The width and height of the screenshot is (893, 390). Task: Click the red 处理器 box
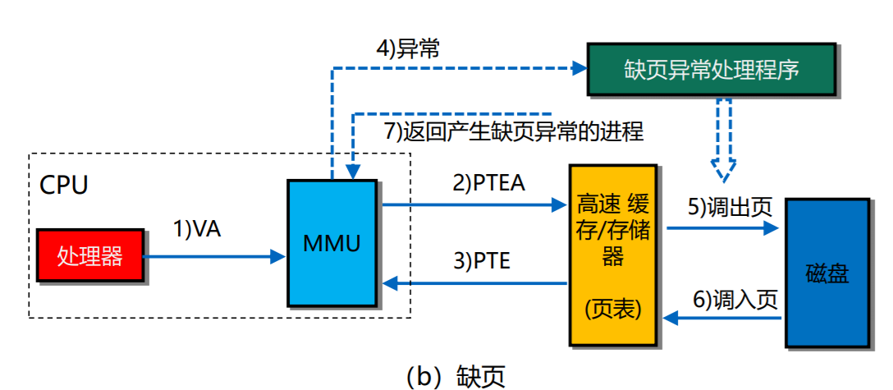89,256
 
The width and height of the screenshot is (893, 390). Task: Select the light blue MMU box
332,242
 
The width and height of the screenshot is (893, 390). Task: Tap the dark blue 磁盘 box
827,273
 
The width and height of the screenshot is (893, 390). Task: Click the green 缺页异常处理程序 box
712,69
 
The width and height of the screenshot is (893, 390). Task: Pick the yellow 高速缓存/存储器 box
612,255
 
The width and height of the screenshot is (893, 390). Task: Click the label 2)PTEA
488,183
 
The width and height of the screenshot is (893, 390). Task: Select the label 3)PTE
482,262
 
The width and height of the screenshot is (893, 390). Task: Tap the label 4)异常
408,48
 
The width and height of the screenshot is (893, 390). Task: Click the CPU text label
63,185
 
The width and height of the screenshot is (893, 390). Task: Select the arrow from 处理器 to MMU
213,257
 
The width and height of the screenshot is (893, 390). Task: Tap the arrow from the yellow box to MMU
475,283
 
